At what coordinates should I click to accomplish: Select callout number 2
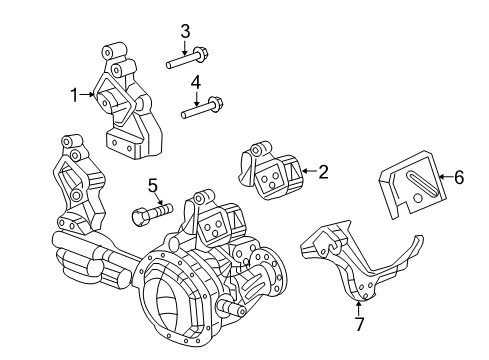(323, 172)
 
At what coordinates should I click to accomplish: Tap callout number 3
(185, 32)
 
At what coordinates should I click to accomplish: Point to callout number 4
(197, 82)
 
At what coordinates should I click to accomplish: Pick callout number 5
(152, 184)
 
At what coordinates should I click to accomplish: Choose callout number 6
(459, 178)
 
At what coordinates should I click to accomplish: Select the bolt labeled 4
(201, 108)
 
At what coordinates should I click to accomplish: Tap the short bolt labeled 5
(150, 212)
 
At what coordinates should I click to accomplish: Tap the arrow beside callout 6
(446, 178)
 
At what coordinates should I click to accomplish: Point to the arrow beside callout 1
(87, 95)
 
